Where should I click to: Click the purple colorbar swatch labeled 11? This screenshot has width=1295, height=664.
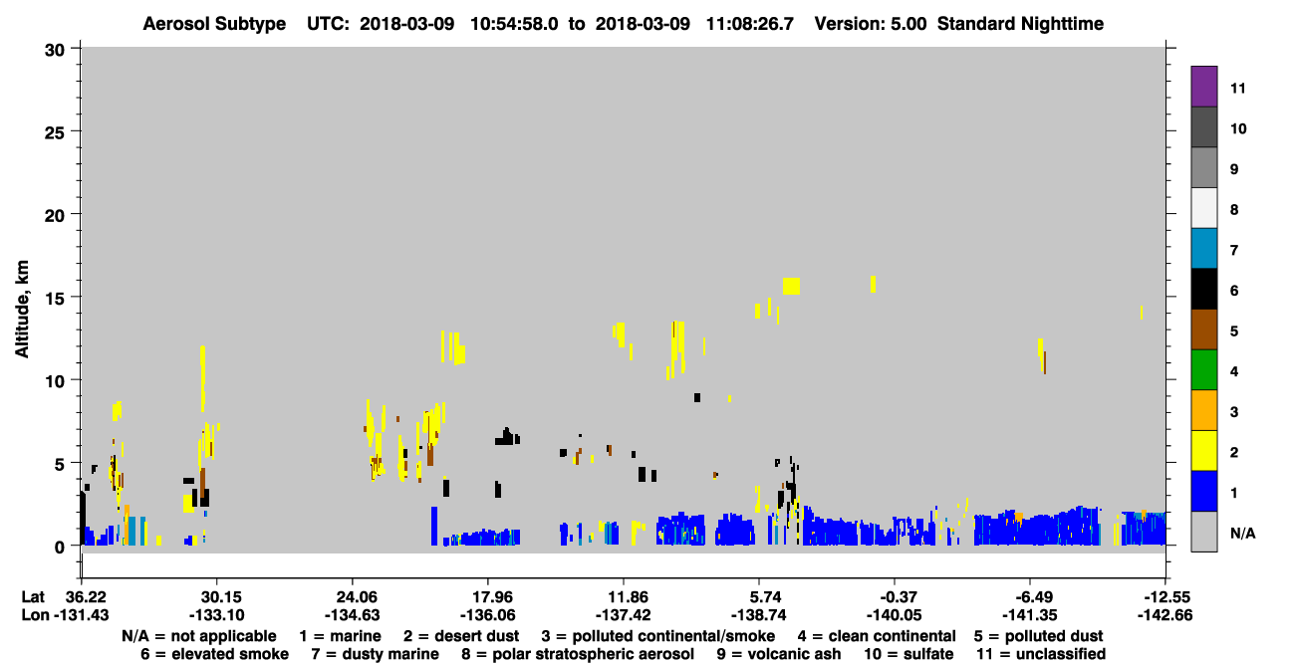coord(1203,87)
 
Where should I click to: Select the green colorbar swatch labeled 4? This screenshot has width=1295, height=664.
coord(1203,370)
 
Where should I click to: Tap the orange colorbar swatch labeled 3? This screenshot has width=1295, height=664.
coord(1203,410)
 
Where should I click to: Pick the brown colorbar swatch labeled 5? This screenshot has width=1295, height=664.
coord(1203,330)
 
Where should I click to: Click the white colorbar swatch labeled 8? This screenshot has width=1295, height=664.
coord(1203,208)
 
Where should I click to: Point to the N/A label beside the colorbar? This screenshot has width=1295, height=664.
coord(1242,533)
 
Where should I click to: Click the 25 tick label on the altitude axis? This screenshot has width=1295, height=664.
coord(55,133)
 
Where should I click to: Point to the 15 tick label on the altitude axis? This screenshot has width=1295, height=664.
coord(55,299)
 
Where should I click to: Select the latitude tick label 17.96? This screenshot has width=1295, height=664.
coord(488,596)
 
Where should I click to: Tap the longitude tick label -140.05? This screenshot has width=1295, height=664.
coord(894,615)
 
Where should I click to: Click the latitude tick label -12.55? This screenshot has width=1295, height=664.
coord(1165,596)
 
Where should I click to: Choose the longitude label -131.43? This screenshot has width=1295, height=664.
coord(81,615)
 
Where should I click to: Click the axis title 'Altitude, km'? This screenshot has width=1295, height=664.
coord(22,310)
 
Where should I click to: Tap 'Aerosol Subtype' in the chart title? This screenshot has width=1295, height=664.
coord(214,24)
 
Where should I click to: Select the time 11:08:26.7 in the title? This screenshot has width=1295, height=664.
coord(750,24)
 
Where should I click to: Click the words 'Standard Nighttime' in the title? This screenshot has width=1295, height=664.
coord(1020,24)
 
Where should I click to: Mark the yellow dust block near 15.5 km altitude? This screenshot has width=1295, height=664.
coord(792,286)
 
